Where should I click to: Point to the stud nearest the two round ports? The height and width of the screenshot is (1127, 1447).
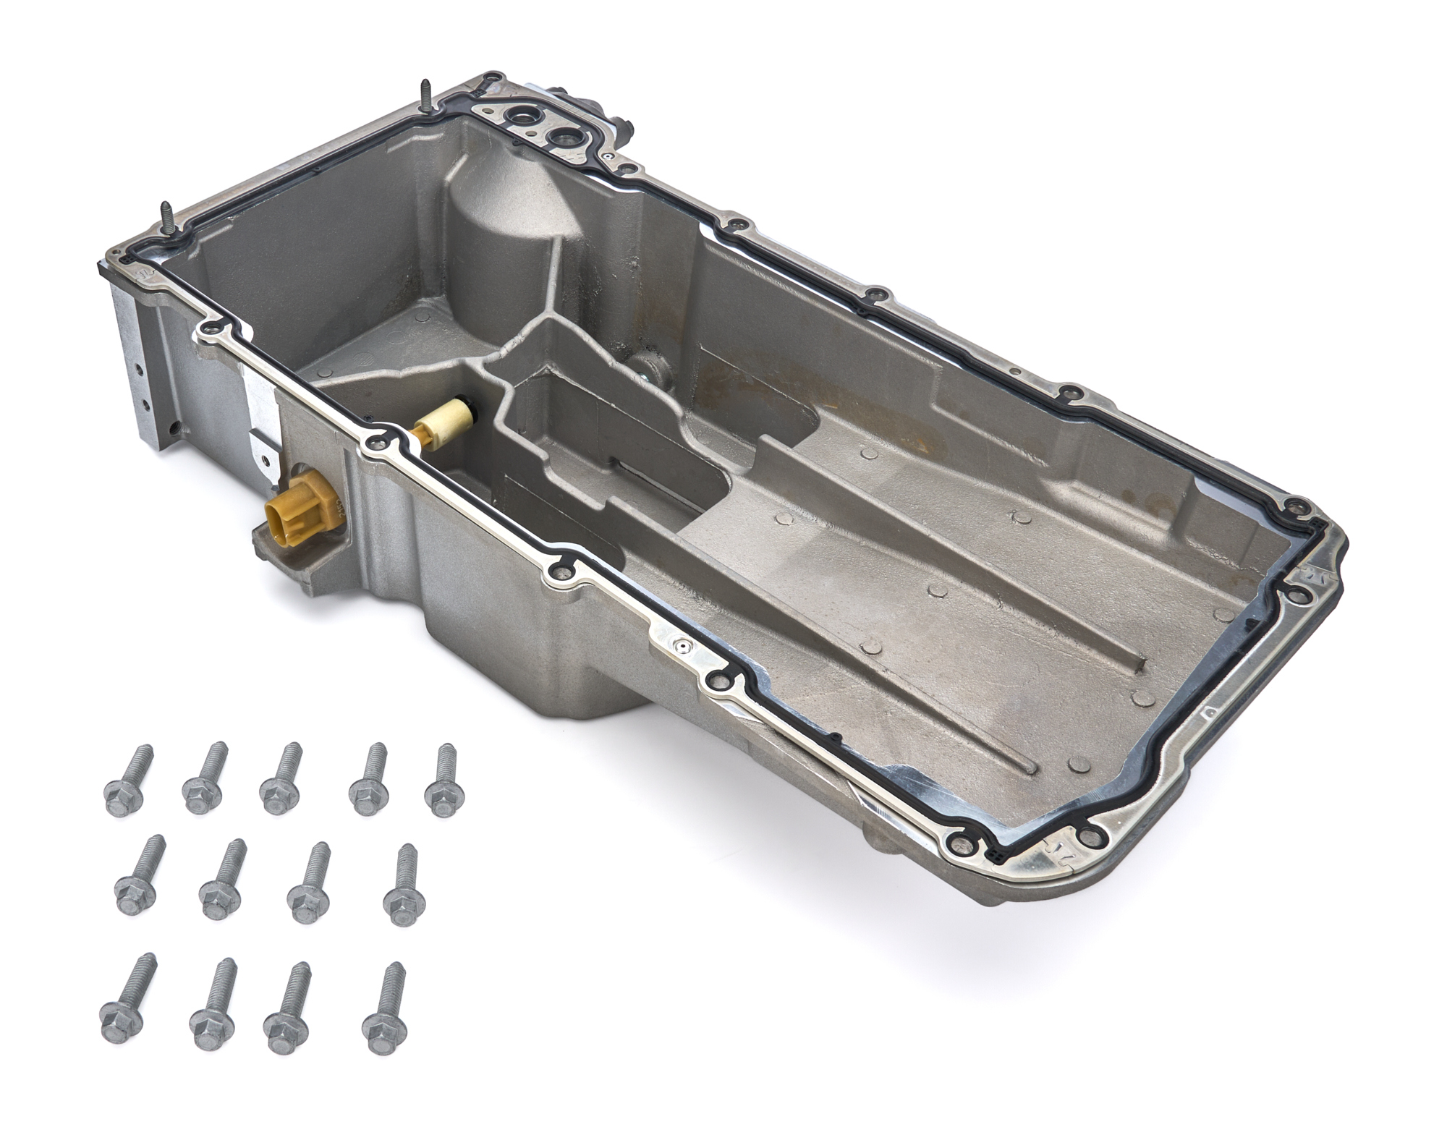[x=425, y=98]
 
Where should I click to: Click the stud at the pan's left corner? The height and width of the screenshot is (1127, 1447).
[x=167, y=217]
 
